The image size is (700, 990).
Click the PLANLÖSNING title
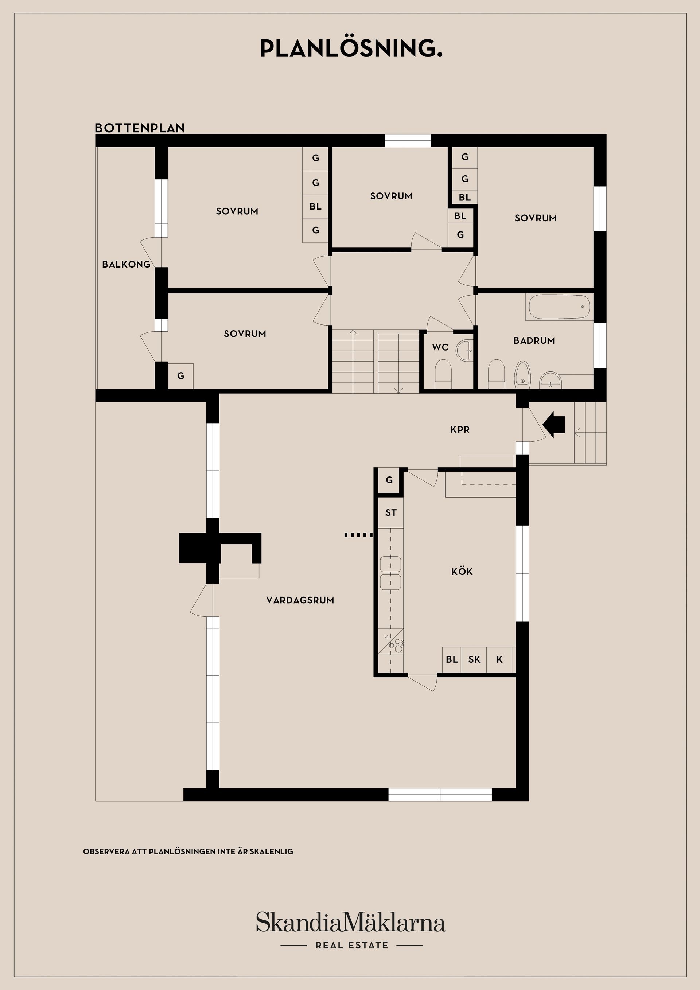pyautogui.click(x=351, y=49)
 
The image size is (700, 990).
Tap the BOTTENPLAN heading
pyautogui.click(x=139, y=128)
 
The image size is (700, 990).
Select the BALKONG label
pyautogui.click(x=126, y=264)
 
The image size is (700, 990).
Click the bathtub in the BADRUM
pyautogui.click(x=559, y=307)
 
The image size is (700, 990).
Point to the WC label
pyautogui.click(x=440, y=347)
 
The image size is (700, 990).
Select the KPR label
pyautogui.click(x=460, y=429)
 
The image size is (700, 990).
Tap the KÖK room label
pyautogui.click(x=462, y=572)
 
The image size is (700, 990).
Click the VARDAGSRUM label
pyautogui.click(x=300, y=600)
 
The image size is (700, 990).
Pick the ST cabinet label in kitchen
pyautogui.click(x=391, y=512)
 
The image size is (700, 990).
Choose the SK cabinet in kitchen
pyautogui.click(x=474, y=659)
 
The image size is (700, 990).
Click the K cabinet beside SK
pyautogui.click(x=499, y=659)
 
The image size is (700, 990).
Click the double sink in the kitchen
pyautogui.click(x=390, y=573)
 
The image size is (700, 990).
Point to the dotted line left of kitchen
pyautogui.click(x=358, y=535)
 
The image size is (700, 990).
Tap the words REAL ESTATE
pyautogui.click(x=351, y=946)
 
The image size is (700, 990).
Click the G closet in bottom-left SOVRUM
pyautogui.click(x=181, y=376)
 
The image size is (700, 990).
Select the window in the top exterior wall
pyautogui.click(x=408, y=141)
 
